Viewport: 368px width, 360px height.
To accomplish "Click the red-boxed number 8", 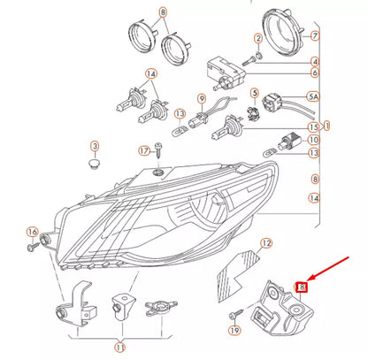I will pos(301,287).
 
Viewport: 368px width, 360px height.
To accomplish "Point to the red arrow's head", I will pos(305,280).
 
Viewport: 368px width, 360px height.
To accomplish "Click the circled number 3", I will pos(95,145).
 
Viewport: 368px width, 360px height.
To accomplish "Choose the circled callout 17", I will pos(143,150).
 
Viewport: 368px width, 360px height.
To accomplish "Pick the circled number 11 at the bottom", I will pos(119,347).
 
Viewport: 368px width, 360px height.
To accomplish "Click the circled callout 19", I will pos(234,331).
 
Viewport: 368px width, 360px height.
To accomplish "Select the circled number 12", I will pos(266,241).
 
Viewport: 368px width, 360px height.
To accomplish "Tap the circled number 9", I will pos(201,98).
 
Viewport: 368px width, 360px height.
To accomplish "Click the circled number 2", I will pos(257,40).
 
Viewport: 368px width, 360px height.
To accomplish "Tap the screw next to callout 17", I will pos(159,157).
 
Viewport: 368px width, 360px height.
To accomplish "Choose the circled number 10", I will pos(313,140).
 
